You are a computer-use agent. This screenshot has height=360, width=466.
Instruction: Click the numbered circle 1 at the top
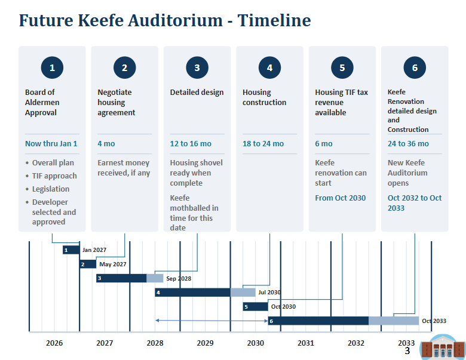[52, 67]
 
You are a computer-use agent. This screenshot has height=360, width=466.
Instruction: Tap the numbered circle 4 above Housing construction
[269, 67]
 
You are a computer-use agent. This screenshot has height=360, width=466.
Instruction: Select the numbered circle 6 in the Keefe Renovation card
[415, 67]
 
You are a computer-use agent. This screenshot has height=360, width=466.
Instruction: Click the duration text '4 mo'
[106, 144]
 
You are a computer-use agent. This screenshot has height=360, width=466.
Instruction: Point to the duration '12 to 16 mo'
[191, 144]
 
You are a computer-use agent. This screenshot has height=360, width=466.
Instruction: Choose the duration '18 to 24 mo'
[263, 144]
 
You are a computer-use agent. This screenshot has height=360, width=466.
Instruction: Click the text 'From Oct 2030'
[341, 198]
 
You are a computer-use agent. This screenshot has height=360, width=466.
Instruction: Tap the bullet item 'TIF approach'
[54, 176]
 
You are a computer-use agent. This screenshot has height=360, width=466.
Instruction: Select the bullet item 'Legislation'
[51, 189]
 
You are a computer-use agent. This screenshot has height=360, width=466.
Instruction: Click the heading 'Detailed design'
[197, 93]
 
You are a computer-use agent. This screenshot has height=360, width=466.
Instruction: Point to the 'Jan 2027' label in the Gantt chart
[94, 250]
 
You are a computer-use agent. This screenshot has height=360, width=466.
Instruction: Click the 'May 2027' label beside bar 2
[113, 264]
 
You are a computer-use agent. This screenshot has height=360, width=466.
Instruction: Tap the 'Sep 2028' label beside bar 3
[179, 278]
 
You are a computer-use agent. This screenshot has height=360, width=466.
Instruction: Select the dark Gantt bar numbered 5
[255, 306]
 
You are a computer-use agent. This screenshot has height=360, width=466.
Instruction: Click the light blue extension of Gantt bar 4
[243, 293]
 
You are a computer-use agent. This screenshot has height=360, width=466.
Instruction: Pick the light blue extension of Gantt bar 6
[394, 321]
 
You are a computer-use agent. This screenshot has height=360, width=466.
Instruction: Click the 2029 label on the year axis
[205, 343]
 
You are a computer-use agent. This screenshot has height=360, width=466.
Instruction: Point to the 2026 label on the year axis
[54, 343]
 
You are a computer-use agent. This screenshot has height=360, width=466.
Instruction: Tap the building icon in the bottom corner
[443, 347]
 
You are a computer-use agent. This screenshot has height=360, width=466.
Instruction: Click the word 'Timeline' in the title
[274, 20]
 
